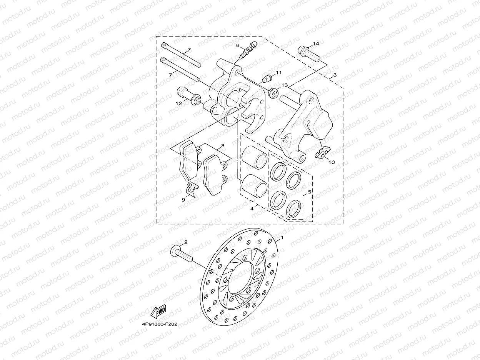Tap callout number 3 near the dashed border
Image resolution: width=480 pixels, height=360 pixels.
pos(335,74)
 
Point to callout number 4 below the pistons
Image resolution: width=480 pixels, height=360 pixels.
pos(252,208)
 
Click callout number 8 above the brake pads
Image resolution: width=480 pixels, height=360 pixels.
pos(222,146)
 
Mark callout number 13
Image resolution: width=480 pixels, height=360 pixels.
pos(285,85)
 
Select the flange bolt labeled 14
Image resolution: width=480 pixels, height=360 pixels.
pos(308,53)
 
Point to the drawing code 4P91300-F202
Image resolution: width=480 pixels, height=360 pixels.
pos(159,324)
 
